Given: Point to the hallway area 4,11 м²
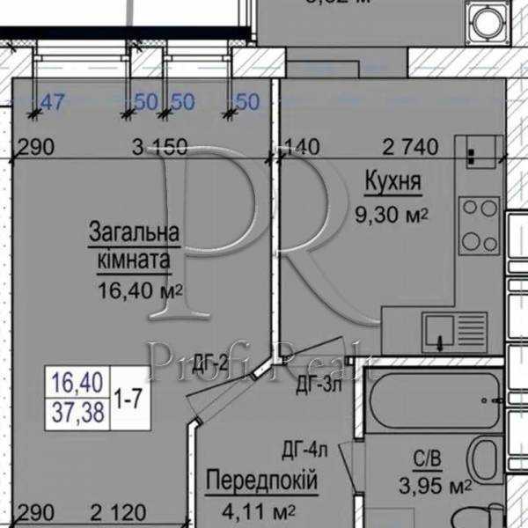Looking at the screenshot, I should (x=262, y=510).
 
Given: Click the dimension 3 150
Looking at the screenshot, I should (x=158, y=147).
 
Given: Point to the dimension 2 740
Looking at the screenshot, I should (x=411, y=147).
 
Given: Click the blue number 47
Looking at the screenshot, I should (x=53, y=103).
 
